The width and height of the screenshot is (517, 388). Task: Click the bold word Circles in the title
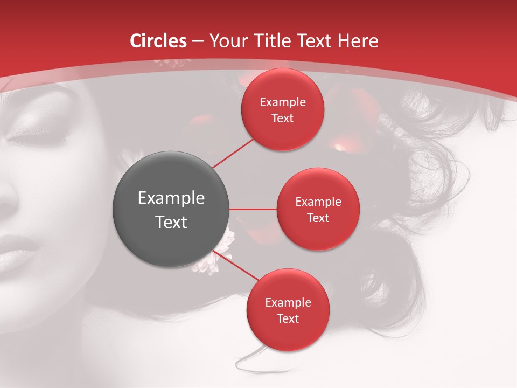click(158, 41)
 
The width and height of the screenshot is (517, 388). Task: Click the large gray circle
click(171, 209)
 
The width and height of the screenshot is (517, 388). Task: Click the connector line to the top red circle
click(233, 153)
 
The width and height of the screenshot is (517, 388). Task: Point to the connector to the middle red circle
click(253, 209)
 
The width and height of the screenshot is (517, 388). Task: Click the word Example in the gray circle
click(171, 198)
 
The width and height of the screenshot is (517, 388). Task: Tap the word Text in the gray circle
click(171, 222)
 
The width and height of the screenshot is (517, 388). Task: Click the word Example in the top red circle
click(283, 102)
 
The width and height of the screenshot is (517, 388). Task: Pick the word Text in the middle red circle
click(318, 218)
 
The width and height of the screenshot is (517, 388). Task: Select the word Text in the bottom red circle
click(288, 319)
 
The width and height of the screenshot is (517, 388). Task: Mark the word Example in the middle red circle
click(318, 202)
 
